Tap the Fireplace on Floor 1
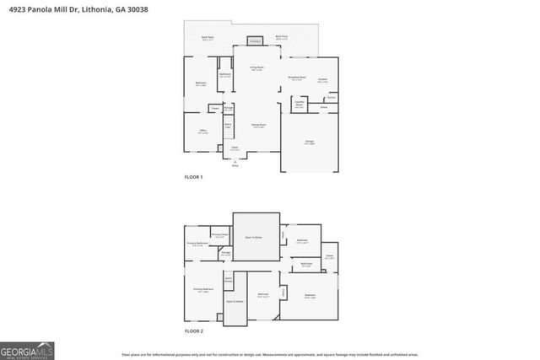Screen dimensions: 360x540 coord(255,40)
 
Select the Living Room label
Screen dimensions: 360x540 coord(256,68)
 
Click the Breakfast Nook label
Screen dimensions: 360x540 coord(296,78)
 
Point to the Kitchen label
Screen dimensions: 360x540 coord(323,81)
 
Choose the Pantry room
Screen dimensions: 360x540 coord(332,97)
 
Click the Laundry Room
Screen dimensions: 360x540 coord(300,105)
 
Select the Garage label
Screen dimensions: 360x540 coord(310,142)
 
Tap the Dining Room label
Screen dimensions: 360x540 coord(258,126)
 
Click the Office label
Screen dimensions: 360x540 coord(202,132)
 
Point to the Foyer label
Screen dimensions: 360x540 coord(235,148)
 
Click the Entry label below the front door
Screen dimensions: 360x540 coord(235,166)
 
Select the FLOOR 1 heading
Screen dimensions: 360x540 coord(194,177)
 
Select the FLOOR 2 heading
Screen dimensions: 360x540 coord(194,330)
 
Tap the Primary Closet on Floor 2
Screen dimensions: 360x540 coord(220,235)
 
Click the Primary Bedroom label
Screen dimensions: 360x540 coord(202,289)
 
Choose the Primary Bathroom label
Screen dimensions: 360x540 coord(197,244)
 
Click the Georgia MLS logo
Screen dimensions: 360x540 coord(27,347)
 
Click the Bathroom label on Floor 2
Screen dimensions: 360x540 coord(306,265)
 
